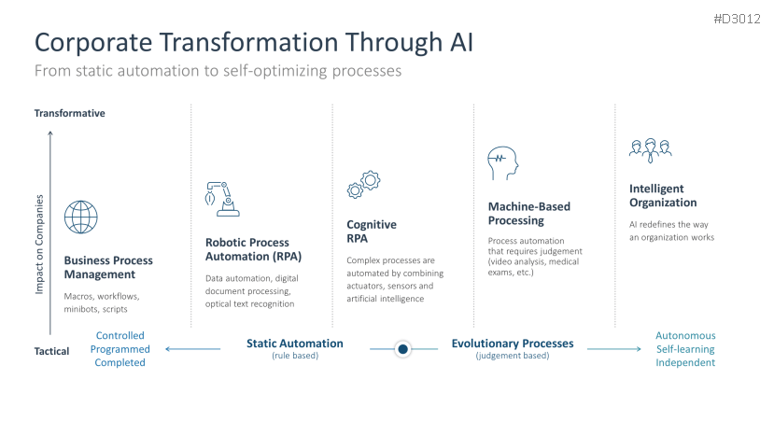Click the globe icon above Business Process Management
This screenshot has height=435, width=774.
[81, 217]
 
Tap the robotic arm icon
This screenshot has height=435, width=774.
[222, 199]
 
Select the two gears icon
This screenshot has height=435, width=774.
[363, 185]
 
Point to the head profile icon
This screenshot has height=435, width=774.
[502, 163]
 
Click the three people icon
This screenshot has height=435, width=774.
[650, 150]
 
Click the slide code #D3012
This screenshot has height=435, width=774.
[737, 19]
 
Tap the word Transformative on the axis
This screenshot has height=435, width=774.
[70, 113]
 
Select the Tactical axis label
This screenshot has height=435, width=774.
[52, 351]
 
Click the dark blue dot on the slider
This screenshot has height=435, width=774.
[402, 349]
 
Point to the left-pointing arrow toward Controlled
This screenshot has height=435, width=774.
[193, 349]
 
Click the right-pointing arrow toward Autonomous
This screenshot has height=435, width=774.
[614, 349]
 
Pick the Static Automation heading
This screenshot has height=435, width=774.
[295, 344]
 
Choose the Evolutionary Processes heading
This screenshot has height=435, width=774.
[513, 344]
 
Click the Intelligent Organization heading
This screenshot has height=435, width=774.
[663, 195]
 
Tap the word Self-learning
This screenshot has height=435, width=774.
[685, 349]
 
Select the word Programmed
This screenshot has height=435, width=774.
[120, 349]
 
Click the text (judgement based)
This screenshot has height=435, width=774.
[513, 356]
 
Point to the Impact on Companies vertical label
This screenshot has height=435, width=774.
[39, 245]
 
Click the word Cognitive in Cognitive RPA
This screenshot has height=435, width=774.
[372, 225]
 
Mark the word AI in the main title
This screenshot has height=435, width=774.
[461, 42]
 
